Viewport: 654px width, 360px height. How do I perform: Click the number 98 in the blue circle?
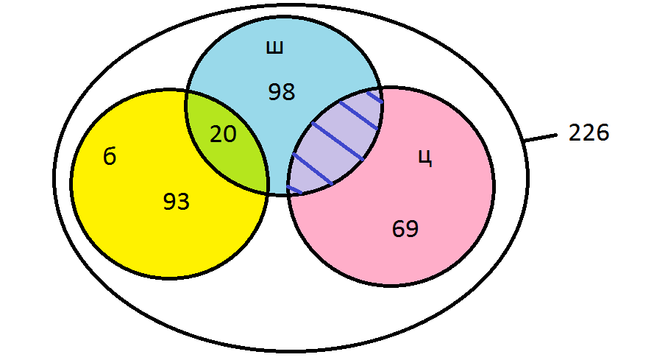282,92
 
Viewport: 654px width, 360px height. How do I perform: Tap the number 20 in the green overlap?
223,135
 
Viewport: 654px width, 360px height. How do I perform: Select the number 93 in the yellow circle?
176,201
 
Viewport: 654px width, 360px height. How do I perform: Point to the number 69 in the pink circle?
405,229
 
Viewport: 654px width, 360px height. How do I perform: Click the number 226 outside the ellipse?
589,133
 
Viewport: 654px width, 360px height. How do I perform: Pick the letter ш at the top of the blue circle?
275,48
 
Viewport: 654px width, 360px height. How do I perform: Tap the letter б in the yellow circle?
110,157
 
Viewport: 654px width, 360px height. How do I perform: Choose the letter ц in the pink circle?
425,158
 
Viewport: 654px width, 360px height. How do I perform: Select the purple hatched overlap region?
335,142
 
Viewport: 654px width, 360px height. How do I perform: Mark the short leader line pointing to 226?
541,138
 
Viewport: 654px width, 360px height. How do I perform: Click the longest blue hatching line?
338,141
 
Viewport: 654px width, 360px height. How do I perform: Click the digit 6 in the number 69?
398,229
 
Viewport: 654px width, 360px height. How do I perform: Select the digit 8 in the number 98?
288,92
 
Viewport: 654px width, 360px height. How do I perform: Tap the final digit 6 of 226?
603,133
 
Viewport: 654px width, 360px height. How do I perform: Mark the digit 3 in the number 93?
183,201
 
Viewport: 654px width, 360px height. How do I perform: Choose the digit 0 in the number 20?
230,135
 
